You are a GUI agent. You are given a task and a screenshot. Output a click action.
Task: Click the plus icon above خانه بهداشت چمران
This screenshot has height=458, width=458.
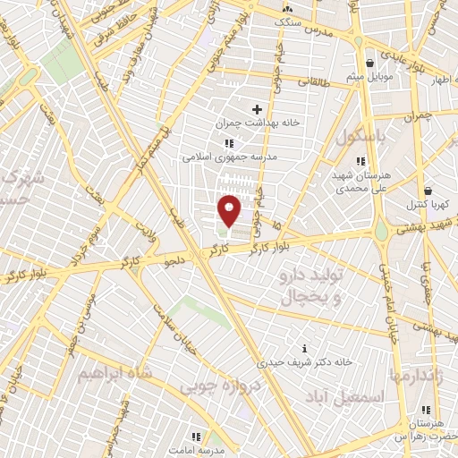click(257, 109)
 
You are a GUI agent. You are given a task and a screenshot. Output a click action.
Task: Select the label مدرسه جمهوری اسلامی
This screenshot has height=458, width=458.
click(230, 156)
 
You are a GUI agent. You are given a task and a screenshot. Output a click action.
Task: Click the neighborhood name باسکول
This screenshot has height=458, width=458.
click(360, 138)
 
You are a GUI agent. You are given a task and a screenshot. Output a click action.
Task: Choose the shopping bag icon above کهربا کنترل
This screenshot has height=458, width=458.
click(428, 191)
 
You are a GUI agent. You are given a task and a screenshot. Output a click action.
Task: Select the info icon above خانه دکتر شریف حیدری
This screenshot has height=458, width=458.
click(305, 348)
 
